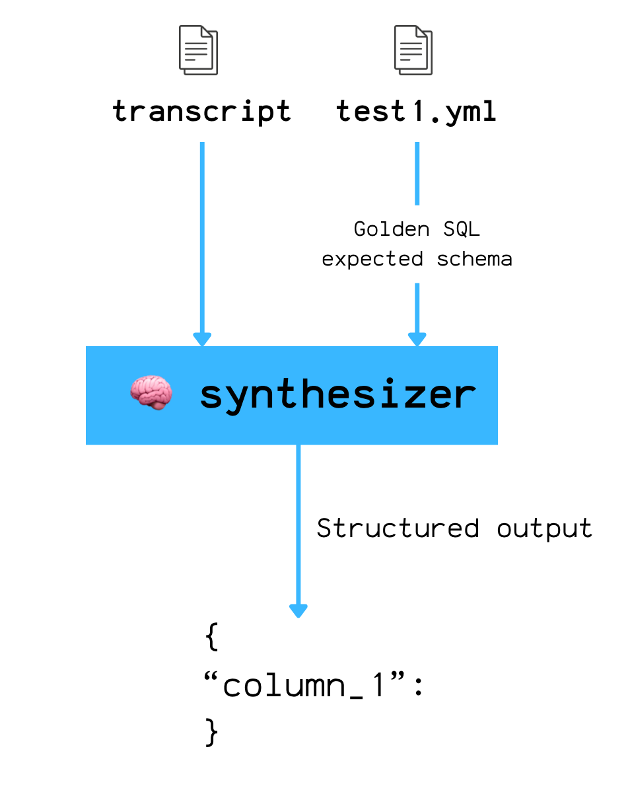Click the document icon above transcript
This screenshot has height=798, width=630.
[198, 50]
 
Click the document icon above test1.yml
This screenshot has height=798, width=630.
[413, 50]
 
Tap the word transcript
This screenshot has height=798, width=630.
[201, 112]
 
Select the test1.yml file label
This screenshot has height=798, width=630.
[416, 112]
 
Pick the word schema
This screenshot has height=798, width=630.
[474, 259]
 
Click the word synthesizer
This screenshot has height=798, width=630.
[337, 394]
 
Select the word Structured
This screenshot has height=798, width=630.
[398, 528]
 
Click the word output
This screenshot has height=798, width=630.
[544, 528]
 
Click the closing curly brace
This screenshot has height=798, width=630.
[211, 732]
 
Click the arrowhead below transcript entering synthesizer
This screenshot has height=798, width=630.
[202, 339]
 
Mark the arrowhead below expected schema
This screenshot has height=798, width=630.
[417, 339]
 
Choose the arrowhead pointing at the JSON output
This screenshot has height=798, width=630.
[298, 610]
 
